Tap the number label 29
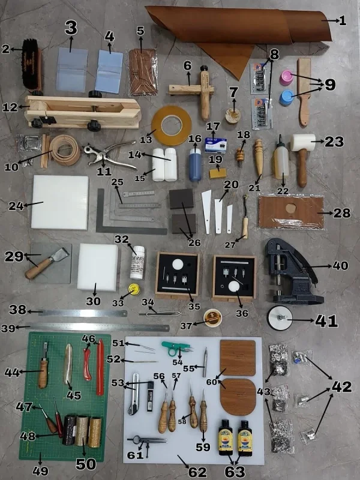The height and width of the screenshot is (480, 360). pos(14,257)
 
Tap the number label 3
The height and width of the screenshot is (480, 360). pos(71,28)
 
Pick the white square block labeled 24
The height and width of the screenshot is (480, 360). pos(60,202)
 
